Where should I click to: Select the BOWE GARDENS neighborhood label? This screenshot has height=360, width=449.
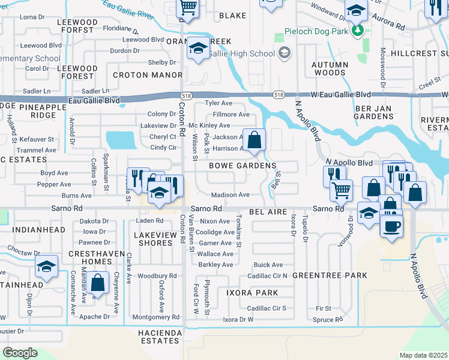coord(243,165)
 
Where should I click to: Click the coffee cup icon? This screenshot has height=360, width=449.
coord(392,227)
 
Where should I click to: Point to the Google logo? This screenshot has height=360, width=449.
coord(20,353)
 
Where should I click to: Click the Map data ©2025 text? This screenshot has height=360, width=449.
coord(423,355)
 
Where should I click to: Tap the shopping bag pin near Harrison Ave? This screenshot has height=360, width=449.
coord(255,140)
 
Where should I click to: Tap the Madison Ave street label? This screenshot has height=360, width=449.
coord(230,195)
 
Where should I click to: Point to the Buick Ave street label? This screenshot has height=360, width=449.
coord(268,265)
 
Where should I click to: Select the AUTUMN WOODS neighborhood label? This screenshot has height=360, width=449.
coord(330,68)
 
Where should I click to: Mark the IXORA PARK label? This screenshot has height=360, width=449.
coord(252,293)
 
